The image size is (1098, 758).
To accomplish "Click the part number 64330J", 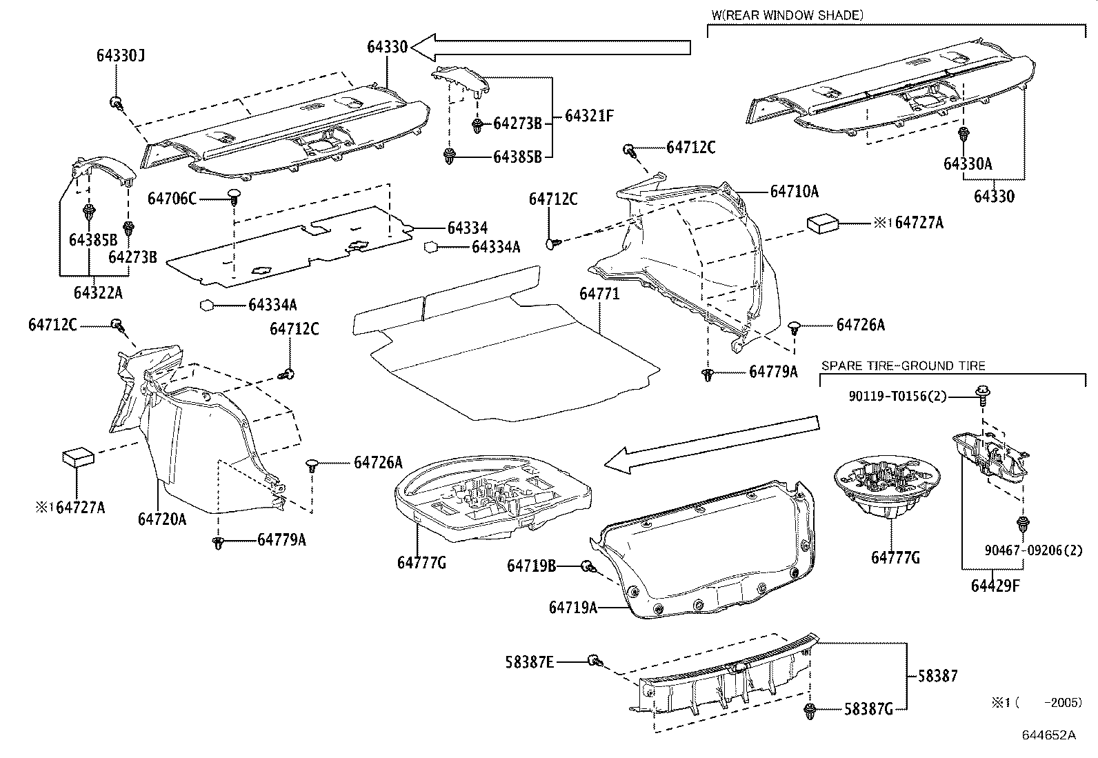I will pyautogui.click(x=120, y=56).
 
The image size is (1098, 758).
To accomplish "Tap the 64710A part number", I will pyautogui.click(x=794, y=192).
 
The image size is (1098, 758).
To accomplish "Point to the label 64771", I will pyautogui.click(x=599, y=294).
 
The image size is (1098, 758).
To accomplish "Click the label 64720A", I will pyautogui.click(x=162, y=519).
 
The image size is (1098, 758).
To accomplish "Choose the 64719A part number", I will pyautogui.click(x=572, y=607).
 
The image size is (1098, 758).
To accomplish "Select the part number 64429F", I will pyautogui.click(x=995, y=586).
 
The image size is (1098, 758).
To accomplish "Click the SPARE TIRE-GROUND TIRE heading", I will pyautogui.click(x=903, y=366).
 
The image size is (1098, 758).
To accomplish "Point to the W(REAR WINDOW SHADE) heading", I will pyautogui.click(x=787, y=14).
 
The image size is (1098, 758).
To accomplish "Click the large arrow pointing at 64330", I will pyautogui.click(x=552, y=47).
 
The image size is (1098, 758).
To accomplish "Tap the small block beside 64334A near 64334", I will pyautogui.click(x=430, y=246).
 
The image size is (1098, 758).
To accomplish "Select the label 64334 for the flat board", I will pyautogui.click(x=467, y=228).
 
